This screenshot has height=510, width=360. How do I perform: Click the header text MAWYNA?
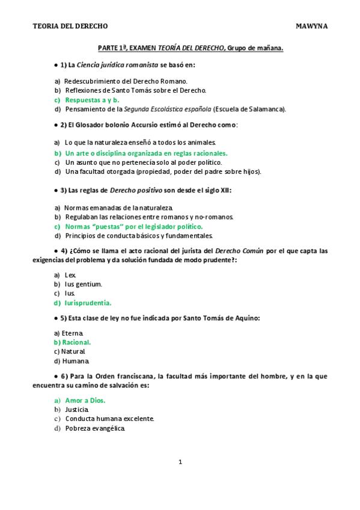pos(312,26)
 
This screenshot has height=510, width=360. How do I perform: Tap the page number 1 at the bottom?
pos(180,462)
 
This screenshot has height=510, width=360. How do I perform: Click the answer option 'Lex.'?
pos(71,274)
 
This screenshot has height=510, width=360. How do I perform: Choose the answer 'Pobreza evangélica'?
pos(95,428)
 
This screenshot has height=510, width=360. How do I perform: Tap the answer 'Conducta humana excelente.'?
pos(109,419)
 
